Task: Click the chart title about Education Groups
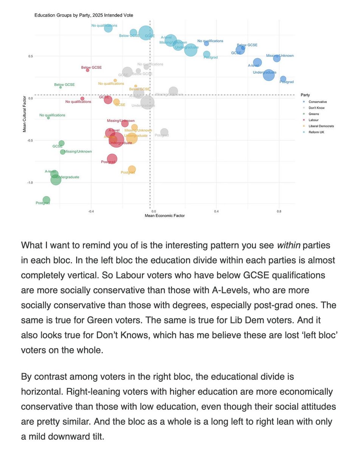[84, 15]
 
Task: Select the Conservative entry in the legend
[318, 102]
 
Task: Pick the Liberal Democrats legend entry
[321, 126]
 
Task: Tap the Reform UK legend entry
[317, 132]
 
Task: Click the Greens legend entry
[314, 114]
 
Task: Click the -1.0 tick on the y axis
[31, 183]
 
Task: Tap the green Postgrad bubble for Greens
[46, 199]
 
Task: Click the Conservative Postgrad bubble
[283, 79]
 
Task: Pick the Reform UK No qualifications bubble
[108, 28]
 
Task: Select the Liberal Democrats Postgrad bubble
[132, 169]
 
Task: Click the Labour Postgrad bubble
[112, 159]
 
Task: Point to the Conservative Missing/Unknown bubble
[277, 58]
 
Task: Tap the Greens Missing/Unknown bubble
[62, 152]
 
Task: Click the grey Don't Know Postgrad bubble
[164, 132]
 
